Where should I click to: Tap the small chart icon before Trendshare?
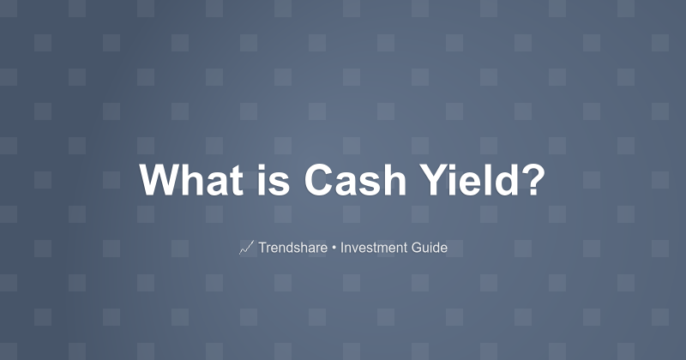click(x=246, y=248)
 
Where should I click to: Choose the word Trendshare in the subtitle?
click(x=292, y=248)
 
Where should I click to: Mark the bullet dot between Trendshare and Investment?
click(x=334, y=249)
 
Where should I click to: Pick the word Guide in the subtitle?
click(x=430, y=248)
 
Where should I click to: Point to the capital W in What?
click(x=160, y=181)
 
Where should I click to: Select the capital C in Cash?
click(x=319, y=181)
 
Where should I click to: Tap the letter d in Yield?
click(x=505, y=181)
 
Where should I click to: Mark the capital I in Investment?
click(x=342, y=248)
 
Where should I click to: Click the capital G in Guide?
click(x=417, y=248)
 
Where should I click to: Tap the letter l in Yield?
click(x=486, y=181)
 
